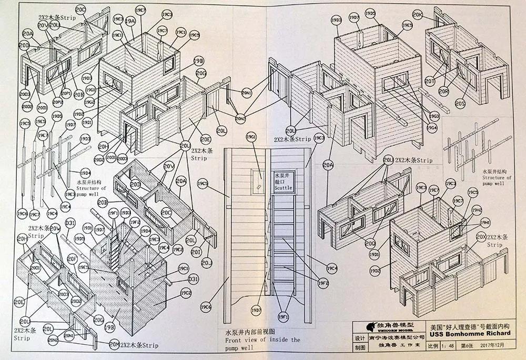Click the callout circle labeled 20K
[418, 15]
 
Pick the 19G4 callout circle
[432, 127]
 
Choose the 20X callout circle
[480, 237]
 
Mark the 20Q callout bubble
[370, 244]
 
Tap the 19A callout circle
[130, 21]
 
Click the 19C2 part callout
[186, 293]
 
